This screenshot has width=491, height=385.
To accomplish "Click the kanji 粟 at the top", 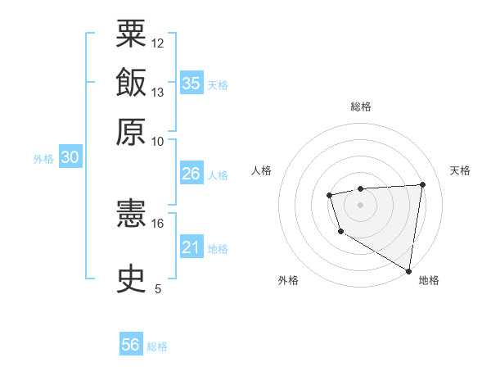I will click(x=132, y=34).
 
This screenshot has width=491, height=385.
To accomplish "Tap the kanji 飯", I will click(x=132, y=83).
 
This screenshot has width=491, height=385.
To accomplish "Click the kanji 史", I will click(x=132, y=279).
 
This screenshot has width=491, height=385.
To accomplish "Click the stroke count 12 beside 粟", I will click(x=158, y=43).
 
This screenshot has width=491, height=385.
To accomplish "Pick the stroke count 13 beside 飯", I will click(x=158, y=93).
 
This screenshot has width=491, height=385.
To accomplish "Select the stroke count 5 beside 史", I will click(x=158, y=288).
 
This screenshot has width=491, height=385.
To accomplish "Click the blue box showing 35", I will click(x=191, y=84).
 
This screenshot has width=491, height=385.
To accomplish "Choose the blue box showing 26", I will click(x=191, y=174).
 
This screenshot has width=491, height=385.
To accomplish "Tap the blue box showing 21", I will click(x=191, y=247).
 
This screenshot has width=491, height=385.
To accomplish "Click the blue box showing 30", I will click(x=70, y=158).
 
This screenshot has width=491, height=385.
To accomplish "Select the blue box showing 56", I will click(x=131, y=345).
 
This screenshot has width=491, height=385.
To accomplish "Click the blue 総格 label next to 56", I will click(x=157, y=346).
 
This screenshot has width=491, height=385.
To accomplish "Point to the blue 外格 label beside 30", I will click(x=43, y=159).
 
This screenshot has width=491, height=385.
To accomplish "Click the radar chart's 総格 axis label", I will click(x=360, y=106).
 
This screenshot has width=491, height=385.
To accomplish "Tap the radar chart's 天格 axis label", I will click(x=460, y=170).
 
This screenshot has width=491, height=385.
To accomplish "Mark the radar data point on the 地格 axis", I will click(x=408, y=270).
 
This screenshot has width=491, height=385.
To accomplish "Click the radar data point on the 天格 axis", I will click(x=422, y=184).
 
